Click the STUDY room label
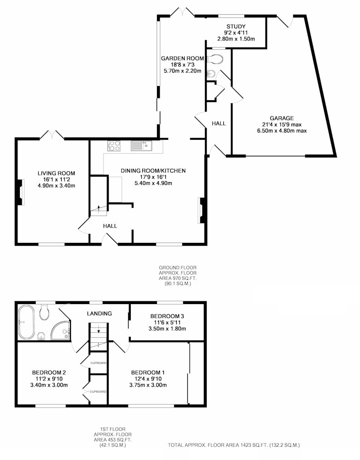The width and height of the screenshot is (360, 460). click(x=236, y=27)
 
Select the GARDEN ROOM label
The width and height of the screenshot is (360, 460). click(x=182, y=58)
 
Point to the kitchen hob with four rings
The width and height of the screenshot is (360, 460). click(x=114, y=146)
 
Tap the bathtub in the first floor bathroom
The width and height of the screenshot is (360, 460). click(x=26, y=322)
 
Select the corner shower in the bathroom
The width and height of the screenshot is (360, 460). click(x=61, y=331)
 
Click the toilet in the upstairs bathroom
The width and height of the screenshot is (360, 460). click(x=44, y=313)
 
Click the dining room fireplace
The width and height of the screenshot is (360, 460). click(x=202, y=210)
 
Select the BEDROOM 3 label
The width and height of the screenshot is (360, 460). click(x=167, y=316)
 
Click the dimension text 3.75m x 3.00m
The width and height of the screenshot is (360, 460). click(x=148, y=385)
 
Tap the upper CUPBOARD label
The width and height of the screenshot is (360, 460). click(x=99, y=363)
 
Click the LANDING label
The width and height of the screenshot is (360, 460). click(x=99, y=313)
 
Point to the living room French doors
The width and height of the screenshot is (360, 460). click(x=52, y=135)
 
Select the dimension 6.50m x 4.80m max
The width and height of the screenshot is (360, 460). click(x=282, y=131)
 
